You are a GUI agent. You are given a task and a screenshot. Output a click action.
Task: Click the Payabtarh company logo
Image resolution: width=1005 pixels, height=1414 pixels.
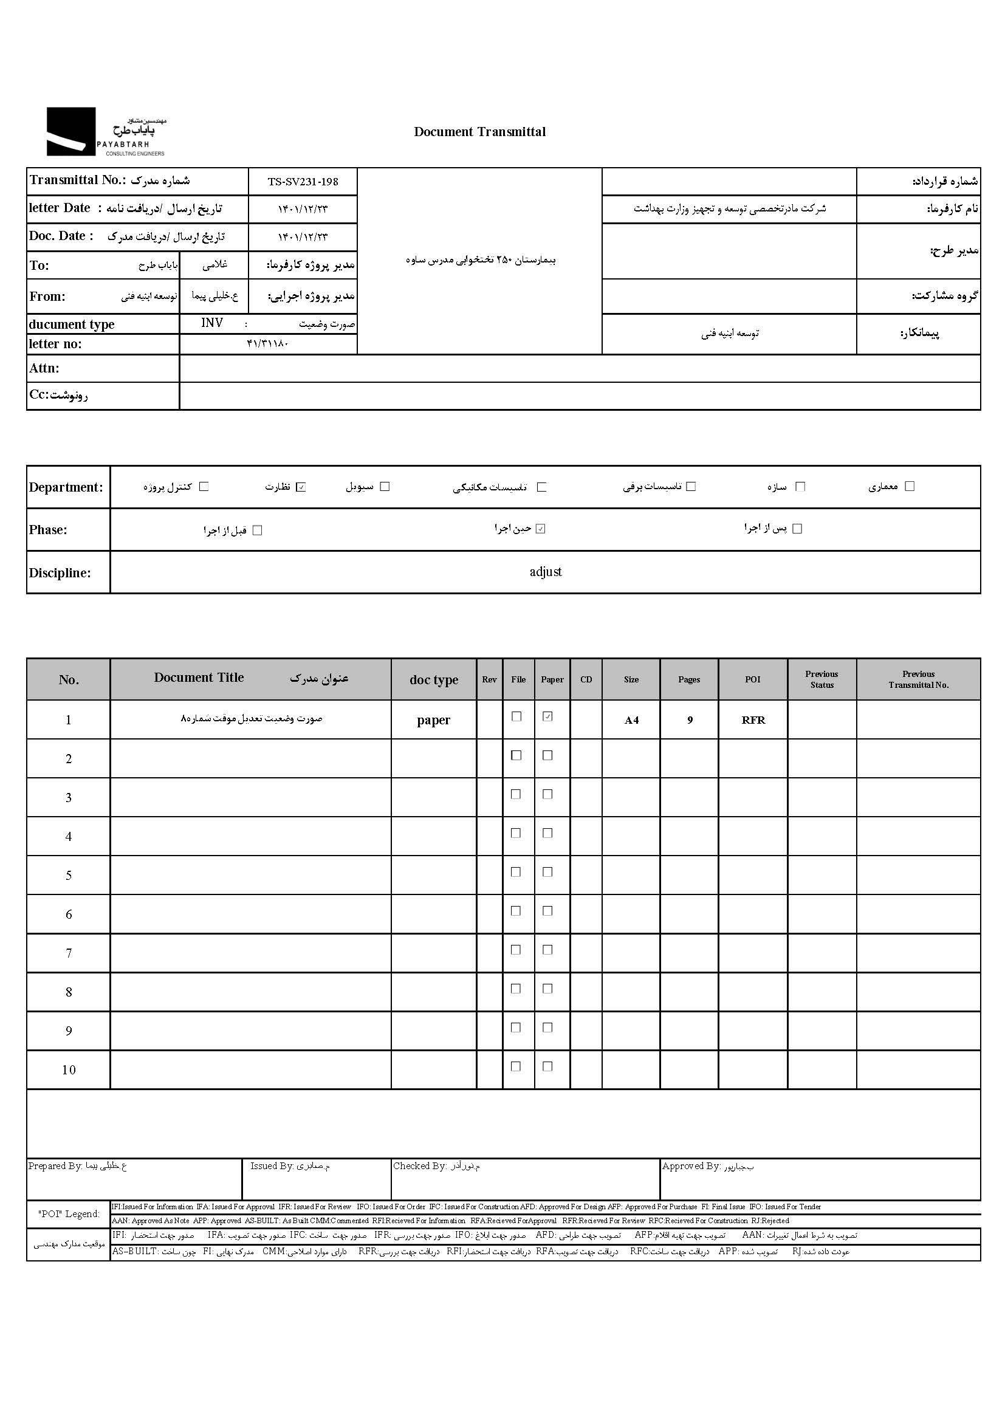105,132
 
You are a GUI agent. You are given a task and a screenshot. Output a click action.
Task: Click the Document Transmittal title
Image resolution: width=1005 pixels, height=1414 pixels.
479,132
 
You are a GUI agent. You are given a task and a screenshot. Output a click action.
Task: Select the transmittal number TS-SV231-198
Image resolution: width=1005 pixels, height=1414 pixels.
303,182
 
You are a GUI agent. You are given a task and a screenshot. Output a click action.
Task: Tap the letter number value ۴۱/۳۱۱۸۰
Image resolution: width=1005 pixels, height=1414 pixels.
267,344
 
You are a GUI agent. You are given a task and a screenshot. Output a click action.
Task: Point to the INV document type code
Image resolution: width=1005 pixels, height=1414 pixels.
211,323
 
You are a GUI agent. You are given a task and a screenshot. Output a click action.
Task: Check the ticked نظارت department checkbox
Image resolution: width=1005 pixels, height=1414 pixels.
301,487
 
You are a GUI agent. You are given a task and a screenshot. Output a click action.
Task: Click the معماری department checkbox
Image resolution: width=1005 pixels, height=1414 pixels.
909,486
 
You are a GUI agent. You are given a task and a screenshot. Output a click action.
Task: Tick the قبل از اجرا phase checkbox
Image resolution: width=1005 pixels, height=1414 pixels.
258,530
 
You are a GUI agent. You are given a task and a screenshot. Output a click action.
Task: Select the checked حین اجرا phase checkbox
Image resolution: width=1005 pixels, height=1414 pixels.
540,529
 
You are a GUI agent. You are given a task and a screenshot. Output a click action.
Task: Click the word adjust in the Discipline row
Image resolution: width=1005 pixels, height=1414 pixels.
545,572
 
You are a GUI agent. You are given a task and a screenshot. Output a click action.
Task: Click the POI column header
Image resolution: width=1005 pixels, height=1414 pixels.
752,679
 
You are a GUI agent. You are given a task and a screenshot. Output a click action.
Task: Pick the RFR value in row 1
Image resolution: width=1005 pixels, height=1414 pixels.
753,720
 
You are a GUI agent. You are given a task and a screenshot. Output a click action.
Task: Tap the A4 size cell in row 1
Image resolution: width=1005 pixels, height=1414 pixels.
631,720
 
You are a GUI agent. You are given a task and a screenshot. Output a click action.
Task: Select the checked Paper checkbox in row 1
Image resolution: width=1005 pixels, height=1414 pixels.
547,716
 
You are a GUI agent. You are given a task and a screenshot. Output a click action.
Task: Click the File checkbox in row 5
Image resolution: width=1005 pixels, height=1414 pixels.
515,872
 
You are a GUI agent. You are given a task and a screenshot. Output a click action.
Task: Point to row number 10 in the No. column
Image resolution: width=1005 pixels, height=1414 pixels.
69,1070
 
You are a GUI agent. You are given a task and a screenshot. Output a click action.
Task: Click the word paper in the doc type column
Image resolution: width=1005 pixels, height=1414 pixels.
433,720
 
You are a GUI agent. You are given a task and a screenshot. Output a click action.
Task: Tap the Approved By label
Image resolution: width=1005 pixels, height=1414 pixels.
691,1167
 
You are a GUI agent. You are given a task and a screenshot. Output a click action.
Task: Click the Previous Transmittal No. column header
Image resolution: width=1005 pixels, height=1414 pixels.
918,679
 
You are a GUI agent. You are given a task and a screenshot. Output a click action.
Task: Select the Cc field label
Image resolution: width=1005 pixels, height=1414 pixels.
58,396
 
